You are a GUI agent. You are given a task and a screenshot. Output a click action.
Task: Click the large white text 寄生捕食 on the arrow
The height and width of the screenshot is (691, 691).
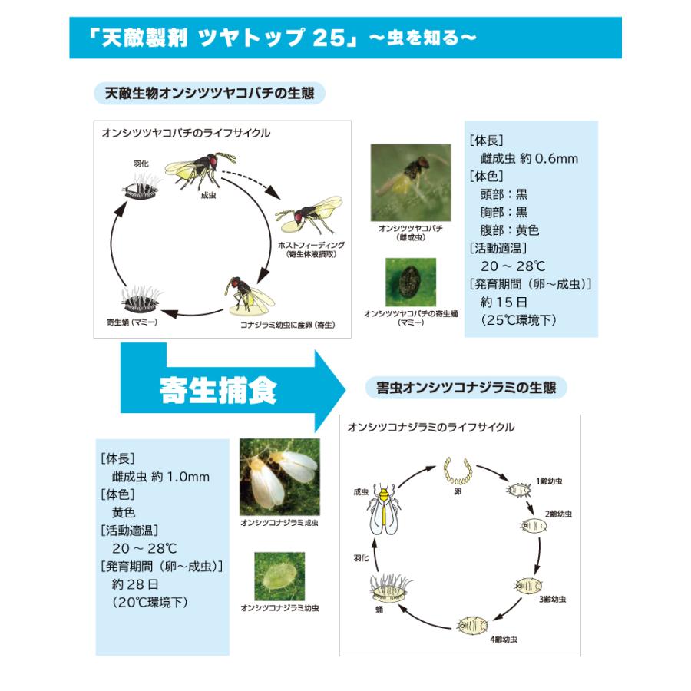(x=218, y=391)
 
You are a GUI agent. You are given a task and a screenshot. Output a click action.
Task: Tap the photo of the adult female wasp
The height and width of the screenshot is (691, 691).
(x=411, y=183)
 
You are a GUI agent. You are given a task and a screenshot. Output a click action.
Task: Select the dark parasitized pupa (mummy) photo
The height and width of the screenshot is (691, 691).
(x=411, y=282)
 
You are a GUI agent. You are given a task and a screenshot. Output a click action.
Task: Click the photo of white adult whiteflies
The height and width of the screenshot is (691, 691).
(x=279, y=477)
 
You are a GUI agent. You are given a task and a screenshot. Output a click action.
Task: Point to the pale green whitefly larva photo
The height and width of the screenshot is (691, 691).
(x=279, y=577)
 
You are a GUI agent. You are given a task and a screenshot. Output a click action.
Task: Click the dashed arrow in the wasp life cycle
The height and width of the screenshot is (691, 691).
(x=250, y=182)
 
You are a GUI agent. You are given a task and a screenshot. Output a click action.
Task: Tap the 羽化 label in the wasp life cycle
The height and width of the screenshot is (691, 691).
(x=141, y=164)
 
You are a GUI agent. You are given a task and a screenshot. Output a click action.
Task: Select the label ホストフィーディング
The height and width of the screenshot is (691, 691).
(x=312, y=245)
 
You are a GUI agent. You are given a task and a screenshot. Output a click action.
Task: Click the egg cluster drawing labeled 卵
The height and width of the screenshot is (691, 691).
(x=458, y=471)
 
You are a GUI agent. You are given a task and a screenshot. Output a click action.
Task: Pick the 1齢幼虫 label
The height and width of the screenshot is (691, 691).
(x=549, y=481)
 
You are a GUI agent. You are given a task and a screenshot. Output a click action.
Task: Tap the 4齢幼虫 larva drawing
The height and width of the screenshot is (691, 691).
(x=472, y=625)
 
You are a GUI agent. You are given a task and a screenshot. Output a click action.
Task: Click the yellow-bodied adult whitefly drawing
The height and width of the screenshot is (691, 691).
(x=385, y=510)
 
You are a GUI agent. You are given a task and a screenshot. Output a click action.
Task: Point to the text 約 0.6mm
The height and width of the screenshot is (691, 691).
(x=549, y=159)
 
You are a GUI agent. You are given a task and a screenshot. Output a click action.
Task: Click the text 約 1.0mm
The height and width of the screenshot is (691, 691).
(x=180, y=477)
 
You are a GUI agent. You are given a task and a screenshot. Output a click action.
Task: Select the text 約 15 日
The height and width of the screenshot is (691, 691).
(x=504, y=303)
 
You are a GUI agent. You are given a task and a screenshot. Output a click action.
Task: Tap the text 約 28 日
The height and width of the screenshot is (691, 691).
(x=135, y=584)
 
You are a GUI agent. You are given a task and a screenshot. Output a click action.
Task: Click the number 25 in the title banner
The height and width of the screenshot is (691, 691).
(x=329, y=38)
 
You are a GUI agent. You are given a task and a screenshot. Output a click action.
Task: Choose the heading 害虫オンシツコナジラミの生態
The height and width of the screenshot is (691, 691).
(x=466, y=388)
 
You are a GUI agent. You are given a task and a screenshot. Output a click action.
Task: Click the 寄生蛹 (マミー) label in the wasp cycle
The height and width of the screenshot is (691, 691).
(x=132, y=322)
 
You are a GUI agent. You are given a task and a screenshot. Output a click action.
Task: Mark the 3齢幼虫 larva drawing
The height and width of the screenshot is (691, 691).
(x=528, y=585)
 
